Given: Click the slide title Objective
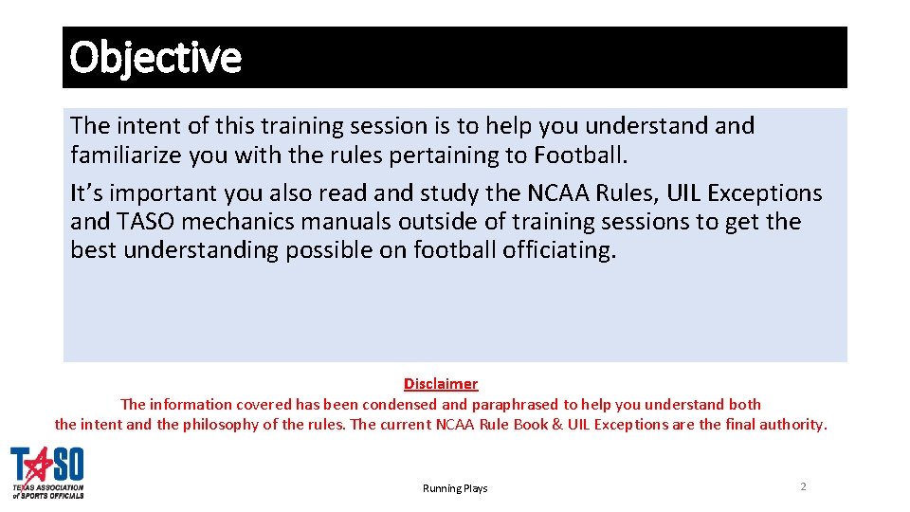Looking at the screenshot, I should coord(155,58).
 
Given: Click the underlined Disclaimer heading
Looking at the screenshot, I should coord(441,384).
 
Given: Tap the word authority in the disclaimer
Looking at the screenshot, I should coord(792,425).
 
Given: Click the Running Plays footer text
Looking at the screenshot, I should coord(455,488).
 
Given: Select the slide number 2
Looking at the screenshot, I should coord(803,486).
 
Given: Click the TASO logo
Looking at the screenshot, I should coord(47,472).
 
